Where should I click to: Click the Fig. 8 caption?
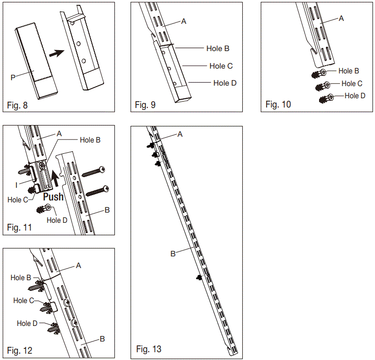pos(18,105)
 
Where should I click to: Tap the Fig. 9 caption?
pos(145,105)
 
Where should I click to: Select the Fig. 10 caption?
pos(278,105)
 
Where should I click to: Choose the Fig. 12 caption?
pos(19,350)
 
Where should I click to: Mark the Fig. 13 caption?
pos(149,349)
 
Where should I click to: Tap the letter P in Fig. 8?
pos(14,77)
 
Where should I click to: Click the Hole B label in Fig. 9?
pos(217,49)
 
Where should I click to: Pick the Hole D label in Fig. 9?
pos(225,83)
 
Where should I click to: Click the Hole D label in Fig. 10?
pos(355,96)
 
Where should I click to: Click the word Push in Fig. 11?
pos(54,197)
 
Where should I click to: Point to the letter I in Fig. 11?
pos(17,184)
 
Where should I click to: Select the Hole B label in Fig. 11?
pos(90,140)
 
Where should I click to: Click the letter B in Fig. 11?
pos(107,211)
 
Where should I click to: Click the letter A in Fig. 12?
pos(78,266)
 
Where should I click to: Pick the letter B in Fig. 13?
pos(173,253)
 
